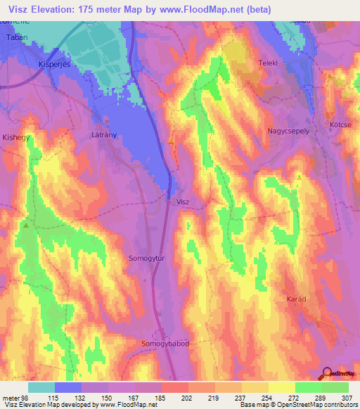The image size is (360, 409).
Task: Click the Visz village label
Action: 183,202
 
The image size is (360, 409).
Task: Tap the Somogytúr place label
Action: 146,258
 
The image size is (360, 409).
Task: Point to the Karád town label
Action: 297,299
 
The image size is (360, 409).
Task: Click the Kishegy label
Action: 16,138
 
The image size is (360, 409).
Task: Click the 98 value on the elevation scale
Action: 27,398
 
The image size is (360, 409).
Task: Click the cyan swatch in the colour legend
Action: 41,387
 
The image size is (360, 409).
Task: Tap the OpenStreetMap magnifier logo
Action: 326,372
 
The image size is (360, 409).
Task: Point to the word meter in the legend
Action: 11,398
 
